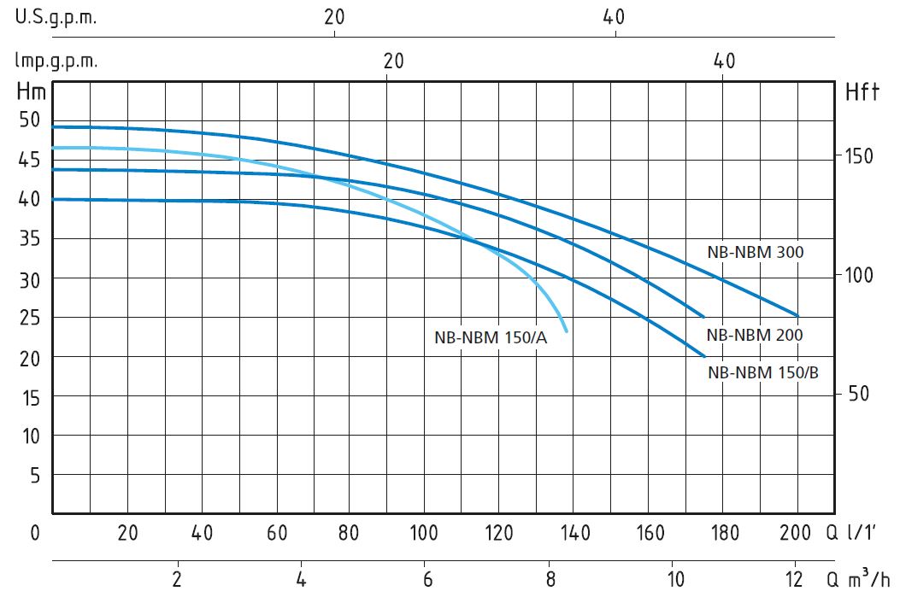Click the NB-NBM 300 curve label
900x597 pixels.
[x=756, y=252]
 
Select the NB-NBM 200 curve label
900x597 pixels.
[x=754, y=335]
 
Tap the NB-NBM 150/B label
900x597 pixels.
[x=762, y=372]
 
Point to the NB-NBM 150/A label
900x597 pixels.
[x=491, y=337]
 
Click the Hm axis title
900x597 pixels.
[x=31, y=91]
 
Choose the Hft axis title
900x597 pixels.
[x=862, y=91]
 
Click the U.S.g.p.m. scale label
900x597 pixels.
[x=56, y=18]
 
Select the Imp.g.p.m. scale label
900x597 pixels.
[x=56, y=61]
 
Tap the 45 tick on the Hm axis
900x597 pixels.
[x=30, y=160]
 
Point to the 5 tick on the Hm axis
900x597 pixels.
[x=35, y=475]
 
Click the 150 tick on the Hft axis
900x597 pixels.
[x=859, y=156]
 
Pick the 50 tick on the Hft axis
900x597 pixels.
[x=859, y=394]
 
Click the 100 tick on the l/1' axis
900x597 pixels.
[x=424, y=533]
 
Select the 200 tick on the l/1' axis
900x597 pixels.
[x=795, y=533]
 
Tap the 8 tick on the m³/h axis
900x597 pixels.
[x=550, y=579]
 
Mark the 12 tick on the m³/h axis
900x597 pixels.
[x=794, y=579]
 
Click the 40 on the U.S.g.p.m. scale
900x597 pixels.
[x=614, y=17]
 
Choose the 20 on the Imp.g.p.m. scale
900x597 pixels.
[x=393, y=61]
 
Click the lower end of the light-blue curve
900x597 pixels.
[x=567, y=331]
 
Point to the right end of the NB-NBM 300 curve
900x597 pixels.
[x=797, y=315]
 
